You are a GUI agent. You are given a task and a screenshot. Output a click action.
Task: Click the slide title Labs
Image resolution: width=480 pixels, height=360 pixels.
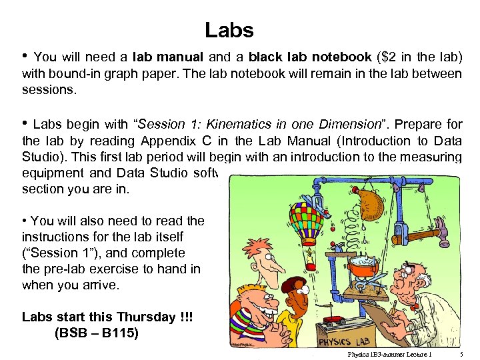coord(229,30)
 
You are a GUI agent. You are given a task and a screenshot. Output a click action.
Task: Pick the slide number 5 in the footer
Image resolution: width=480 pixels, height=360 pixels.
coord(463,354)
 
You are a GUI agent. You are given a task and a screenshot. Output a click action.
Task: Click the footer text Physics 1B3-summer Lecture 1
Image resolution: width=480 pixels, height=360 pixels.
coord(389,354)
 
